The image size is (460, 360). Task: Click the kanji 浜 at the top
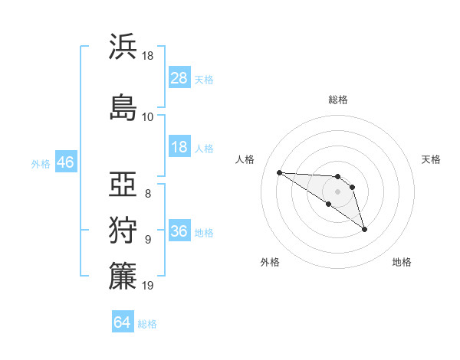click(x=123, y=47)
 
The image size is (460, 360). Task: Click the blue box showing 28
click(x=179, y=77)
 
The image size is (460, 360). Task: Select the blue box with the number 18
click(x=179, y=147)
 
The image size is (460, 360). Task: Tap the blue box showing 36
click(x=179, y=232)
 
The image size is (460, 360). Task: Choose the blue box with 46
click(x=65, y=162)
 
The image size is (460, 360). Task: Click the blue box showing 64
click(x=122, y=322)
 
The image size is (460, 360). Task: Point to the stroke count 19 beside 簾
click(x=148, y=286)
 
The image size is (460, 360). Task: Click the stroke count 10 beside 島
click(x=148, y=116)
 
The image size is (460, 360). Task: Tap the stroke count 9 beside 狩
click(x=148, y=239)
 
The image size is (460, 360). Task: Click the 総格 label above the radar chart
click(x=337, y=100)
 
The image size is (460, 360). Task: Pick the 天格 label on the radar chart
click(x=432, y=159)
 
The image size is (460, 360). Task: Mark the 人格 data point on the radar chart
click(x=279, y=172)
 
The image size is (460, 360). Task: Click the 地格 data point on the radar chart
click(x=364, y=229)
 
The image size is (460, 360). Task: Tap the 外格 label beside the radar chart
click(x=270, y=263)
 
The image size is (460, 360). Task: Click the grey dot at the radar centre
click(x=337, y=191)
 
